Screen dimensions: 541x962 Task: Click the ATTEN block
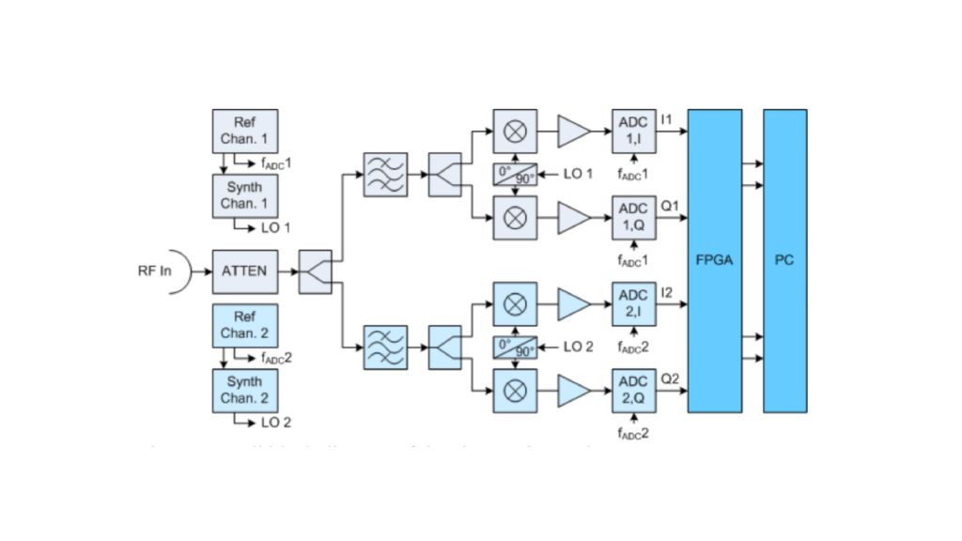(x=244, y=271)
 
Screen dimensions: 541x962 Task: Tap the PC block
(x=784, y=260)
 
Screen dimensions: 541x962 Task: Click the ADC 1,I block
(x=633, y=131)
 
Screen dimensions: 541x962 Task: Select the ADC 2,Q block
(x=633, y=390)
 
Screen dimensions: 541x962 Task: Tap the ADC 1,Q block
(x=633, y=217)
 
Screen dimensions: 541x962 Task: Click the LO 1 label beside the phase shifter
(x=579, y=174)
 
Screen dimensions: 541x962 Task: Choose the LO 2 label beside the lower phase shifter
(x=579, y=347)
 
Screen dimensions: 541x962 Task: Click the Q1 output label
(x=670, y=204)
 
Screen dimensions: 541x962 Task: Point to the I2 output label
(x=667, y=291)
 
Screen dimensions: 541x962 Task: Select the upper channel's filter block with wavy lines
(x=385, y=174)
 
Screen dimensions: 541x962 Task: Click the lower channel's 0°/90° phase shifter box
(x=515, y=347)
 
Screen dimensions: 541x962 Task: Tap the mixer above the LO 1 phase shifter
(x=515, y=131)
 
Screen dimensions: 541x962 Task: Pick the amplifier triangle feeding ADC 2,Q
(x=574, y=390)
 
